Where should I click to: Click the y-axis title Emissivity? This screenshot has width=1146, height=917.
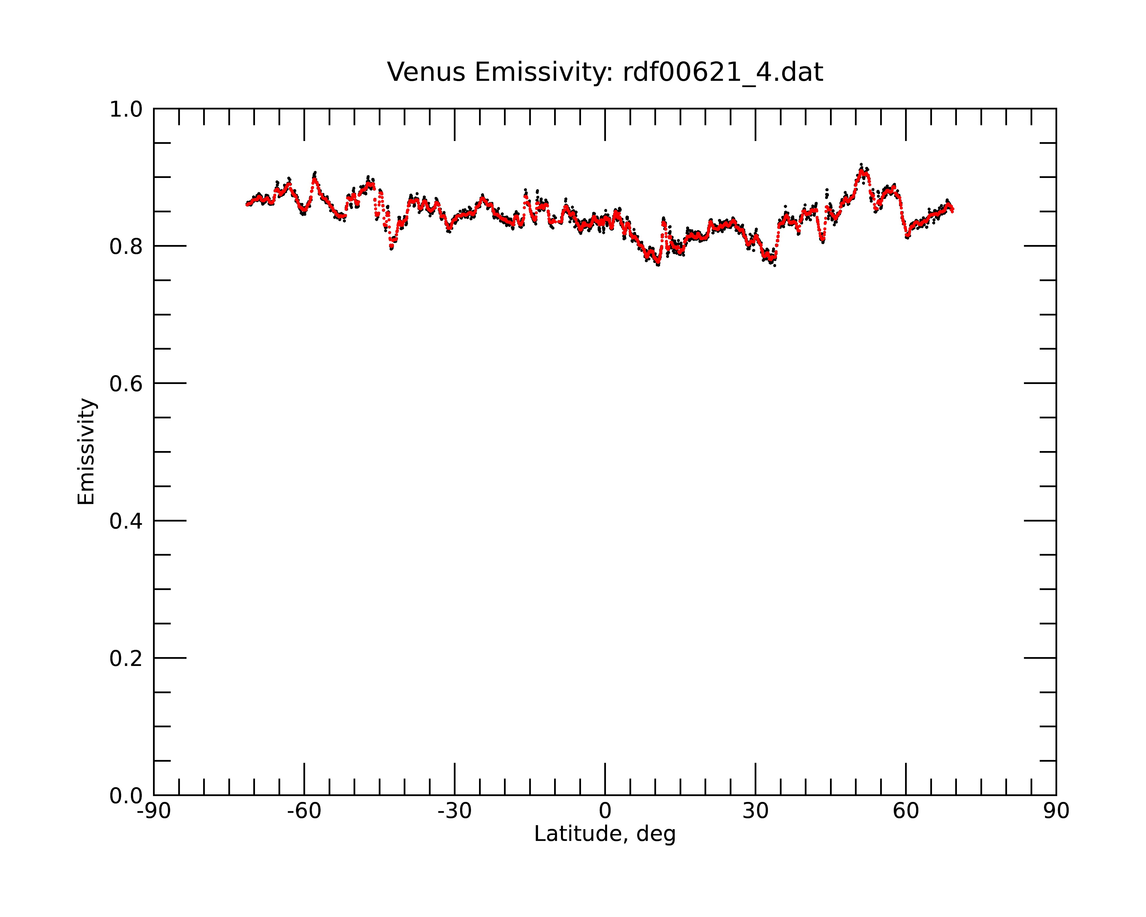click(86, 451)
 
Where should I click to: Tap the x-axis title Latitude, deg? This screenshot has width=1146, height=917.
click(605, 834)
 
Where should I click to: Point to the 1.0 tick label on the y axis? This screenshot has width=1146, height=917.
click(126, 109)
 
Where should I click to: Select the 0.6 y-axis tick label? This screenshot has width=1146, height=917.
click(126, 384)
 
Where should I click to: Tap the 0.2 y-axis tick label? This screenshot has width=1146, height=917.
click(126, 659)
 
